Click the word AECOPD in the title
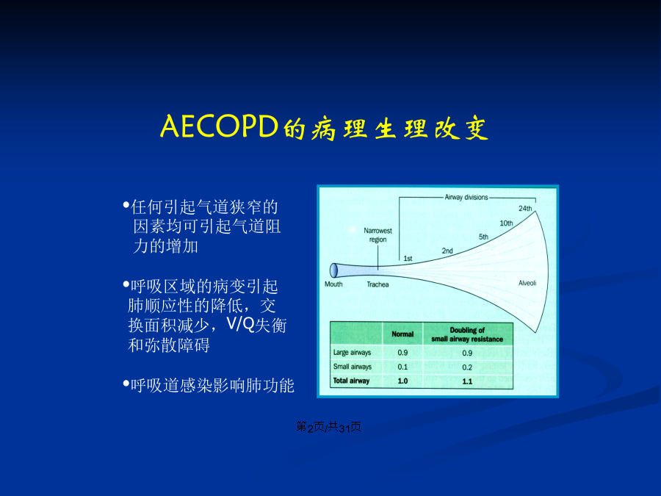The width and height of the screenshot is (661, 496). pos(219,126)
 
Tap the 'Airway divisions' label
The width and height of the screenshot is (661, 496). pos(466,197)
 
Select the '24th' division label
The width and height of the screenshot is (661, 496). pos(525,209)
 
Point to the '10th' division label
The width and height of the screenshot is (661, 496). pos(506,223)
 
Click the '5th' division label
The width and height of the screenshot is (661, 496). pos(483,237)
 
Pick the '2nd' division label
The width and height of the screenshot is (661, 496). pos(447,251)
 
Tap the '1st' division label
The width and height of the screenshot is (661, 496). pos(408,259)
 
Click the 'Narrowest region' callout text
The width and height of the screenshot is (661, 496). pos(378,235)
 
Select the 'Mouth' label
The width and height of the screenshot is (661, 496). pos(333,284)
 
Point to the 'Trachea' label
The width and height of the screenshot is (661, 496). pos(378,284)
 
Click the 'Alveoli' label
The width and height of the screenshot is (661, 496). pos(527,283)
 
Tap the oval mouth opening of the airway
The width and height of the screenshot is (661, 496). pos(333,270)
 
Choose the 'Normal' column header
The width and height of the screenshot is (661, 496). pos(402,334)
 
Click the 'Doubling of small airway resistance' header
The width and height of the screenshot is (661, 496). pos(467,334)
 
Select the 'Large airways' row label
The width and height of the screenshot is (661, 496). pos(352,353)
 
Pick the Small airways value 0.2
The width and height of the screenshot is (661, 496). pos(467,367)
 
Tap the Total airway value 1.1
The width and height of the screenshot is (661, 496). pos(467,381)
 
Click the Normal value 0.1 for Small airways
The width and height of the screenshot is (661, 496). pos(402,367)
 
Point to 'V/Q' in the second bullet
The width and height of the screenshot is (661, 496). pos(240,324)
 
